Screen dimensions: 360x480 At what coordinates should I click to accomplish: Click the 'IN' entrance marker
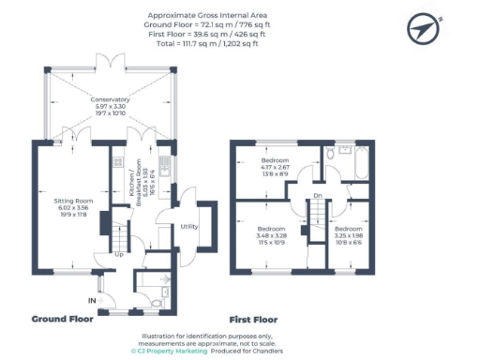coord(92,300)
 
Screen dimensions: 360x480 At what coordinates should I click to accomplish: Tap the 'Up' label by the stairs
coord(119,254)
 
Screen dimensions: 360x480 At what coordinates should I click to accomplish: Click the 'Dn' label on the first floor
coord(318,195)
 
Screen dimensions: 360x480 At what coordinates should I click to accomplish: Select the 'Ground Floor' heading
coord(63,319)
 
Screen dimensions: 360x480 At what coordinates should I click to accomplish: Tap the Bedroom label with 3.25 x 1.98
coord(349,234)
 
